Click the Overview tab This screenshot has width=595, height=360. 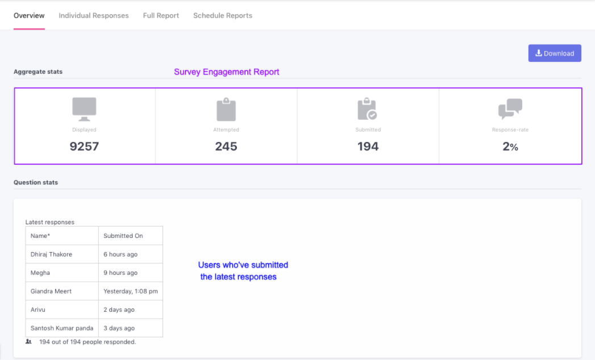pyautogui.click(x=29, y=15)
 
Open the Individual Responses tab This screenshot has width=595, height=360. pyautogui.click(x=94, y=15)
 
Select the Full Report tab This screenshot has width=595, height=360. pyautogui.click(x=161, y=15)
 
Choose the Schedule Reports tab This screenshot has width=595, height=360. pyautogui.click(x=223, y=15)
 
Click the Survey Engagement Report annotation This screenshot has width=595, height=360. pyautogui.click(x=227, y=72)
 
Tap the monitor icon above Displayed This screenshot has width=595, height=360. pyautogui.click(x=84, y=109)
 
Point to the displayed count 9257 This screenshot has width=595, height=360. pyautogui.click(x=84, y=146)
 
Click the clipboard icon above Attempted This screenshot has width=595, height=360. pyautogui.click(x=226, y=110)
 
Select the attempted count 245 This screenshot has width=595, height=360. pyautogui.click(x=226, y=146)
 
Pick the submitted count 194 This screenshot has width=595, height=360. pyautogui.click(x=368, y=146)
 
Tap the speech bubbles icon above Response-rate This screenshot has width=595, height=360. pyautogui.click(x=510, y=109)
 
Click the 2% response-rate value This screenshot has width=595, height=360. pyautogui.click(x=510, y=146)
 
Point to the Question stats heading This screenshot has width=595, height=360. pyautogui.click(x=36, y=183)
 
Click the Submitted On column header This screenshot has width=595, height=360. pyautogui.click(x=123, y=236)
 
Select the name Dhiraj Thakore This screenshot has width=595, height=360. pyautogui.click(x=51, y=254)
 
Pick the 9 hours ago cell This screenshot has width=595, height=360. pyautogui.click(x=120, y=273)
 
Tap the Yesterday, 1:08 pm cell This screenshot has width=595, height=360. pyautogui.click(x=131, y=291)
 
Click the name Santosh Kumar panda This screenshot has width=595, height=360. pyautogui.click(x=61, y=328)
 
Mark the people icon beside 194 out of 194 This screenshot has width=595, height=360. pyautogui.click(x=29, y=342)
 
